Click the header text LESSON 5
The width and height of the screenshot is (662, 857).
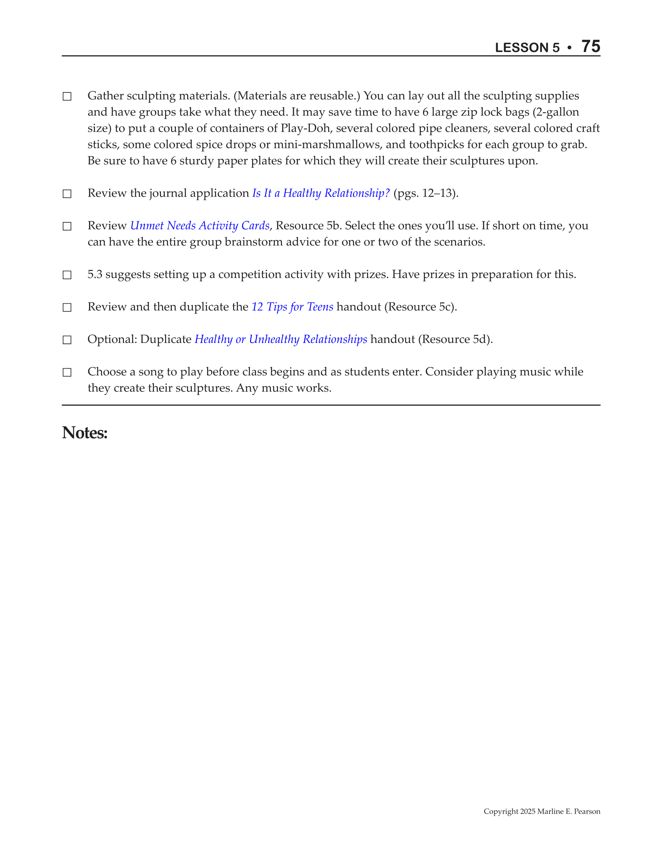click(x=527, y=48)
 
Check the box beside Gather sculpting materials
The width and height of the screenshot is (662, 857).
click(x=67, y=97)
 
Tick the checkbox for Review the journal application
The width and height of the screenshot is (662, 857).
click(x=67, y=194)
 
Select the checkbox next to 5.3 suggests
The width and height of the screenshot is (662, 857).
click(x=67, y=275)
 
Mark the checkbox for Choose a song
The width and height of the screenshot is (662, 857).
click(x=67, y=372)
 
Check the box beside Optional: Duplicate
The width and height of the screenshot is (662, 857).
click(x=67, y=340)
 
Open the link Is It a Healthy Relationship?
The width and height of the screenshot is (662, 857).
click(x=321, y=193)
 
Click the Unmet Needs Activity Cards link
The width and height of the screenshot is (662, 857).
click(x=200, y=226)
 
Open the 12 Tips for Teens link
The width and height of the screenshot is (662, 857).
click(x=292, y=307)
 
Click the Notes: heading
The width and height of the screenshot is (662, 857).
click(x=85, y=433)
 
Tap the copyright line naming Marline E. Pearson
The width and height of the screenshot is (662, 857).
click(x=541, y=811)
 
